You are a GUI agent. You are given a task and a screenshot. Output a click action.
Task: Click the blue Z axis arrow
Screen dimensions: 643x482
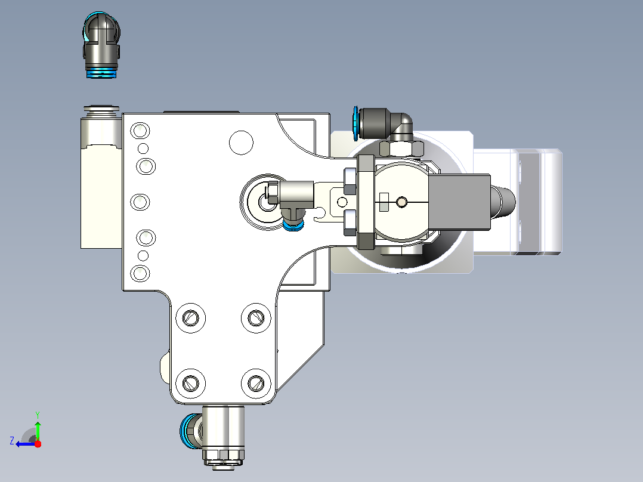pyautogui.click(x=26, y=444)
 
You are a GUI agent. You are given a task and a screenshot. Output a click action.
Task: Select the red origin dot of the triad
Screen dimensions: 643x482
pyautogui.click(x=38, y=444)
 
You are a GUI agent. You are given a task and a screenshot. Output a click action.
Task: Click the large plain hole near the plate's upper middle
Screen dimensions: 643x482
pyautogui.click(x=241, y=143)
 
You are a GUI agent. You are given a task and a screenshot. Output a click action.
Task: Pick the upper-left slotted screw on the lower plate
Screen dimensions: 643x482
pyautogui.click(x=191, y=318)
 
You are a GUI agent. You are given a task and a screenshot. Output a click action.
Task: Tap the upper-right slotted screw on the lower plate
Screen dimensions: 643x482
pyautogui.click(x=256, y=318)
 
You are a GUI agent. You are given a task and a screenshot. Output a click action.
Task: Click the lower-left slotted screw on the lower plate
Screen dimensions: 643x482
pyautogui.click(x=191, y=384)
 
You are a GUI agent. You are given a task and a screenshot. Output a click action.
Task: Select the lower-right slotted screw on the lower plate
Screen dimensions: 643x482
pyautogui.click(x=256, y=384)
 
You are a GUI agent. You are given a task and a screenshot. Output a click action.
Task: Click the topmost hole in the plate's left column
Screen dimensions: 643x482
pyautogui.click(x=140, y=131)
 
